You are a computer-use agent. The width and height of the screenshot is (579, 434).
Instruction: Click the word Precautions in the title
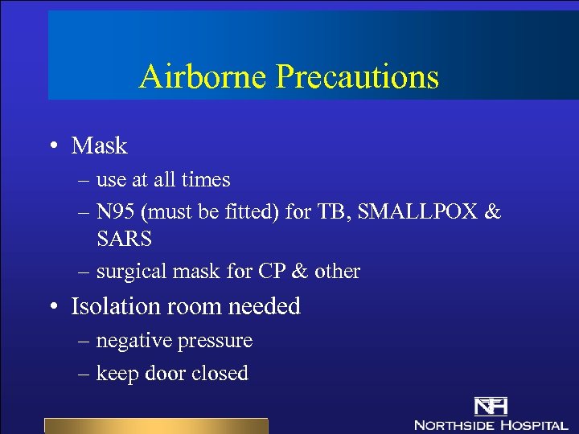pos(358,76)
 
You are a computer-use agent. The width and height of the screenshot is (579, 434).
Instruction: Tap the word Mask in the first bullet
pos(100,145)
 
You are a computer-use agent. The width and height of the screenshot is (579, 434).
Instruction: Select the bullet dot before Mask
pos(52,146)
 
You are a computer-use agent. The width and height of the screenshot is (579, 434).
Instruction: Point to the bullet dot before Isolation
pos(52,307)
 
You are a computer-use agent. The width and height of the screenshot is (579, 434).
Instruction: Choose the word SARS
pos(124,239)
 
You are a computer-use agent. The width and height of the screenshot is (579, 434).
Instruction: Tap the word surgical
pos(124,272)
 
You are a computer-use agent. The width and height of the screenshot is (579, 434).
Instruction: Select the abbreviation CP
pos(270,272)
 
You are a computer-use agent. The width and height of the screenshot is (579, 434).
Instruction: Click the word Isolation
pos(119,306)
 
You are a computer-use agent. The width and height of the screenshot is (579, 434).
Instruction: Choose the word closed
pos(220,373)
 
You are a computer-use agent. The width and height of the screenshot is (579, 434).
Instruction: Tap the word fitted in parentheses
pos(240,212)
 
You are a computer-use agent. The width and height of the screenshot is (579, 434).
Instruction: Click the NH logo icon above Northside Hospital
pos(490,407)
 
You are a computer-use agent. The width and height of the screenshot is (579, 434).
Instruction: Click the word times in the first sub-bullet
pos(205,180)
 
